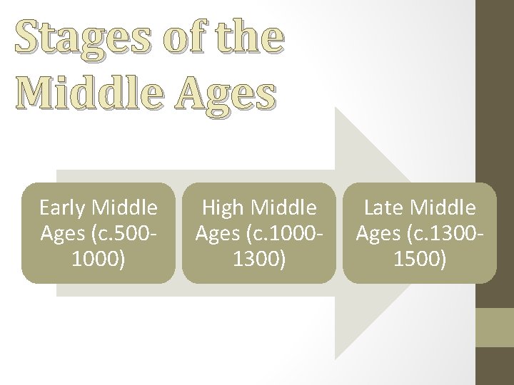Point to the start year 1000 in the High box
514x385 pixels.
[x=298, y=234]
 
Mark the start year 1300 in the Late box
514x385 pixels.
[x=459, y=234]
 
